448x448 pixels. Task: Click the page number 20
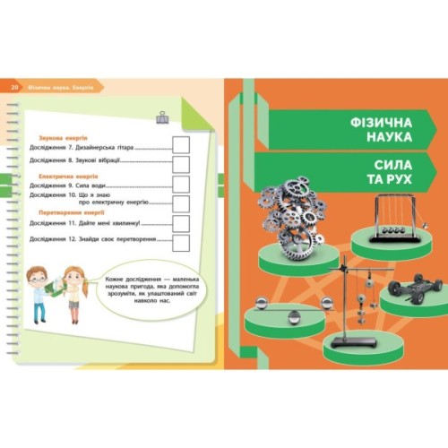click(14, 87)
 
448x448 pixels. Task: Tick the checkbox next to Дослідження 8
click(181, 164)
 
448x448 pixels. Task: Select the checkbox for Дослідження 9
click(181, 184)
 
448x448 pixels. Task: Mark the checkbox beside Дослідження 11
click(181, 222)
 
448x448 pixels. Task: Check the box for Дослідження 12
click(181, 241)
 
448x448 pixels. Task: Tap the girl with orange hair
click(76, 288)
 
